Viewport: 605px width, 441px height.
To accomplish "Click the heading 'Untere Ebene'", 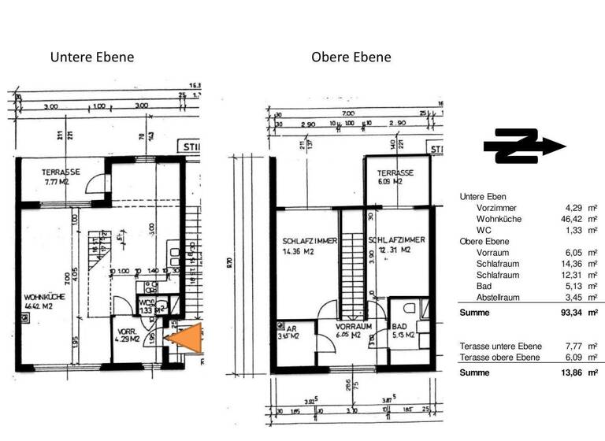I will tap(92, 57).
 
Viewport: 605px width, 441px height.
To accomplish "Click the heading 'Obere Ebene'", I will tap(351, 57).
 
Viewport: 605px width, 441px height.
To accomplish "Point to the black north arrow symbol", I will tap(523, 146).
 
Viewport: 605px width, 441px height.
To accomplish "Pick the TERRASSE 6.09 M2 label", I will tap(395, 176).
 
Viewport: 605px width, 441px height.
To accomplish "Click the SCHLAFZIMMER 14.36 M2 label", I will tap(310, 245).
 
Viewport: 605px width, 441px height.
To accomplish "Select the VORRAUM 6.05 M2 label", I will tap(353, 329).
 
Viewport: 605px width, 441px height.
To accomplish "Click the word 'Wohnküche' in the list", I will tap(499, 218).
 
